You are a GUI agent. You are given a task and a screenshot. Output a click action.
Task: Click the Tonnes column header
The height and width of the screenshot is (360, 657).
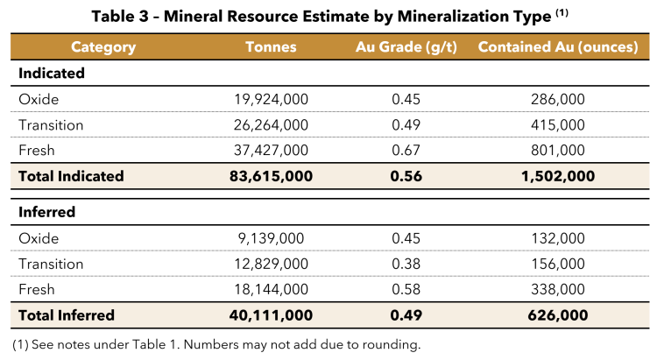click(x=272, y=47)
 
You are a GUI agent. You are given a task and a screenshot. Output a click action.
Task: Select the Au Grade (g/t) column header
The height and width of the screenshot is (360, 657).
click(x=406, y=47)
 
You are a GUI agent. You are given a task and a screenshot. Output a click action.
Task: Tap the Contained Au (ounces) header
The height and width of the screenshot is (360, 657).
click(x=558, y=47)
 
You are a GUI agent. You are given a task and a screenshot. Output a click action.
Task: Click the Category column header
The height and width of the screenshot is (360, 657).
click(x=102, y=47)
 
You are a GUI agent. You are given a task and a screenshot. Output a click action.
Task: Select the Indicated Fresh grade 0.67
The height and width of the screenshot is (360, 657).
click(x=406, y=151)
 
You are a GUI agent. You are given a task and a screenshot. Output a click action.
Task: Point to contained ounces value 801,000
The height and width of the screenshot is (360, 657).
click(x=558, y=151)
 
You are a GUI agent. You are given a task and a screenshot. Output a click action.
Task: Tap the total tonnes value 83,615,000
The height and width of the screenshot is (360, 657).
click(x=272, y=176)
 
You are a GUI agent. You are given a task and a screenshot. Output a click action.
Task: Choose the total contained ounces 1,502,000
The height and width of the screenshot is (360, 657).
click(x=558, y=176)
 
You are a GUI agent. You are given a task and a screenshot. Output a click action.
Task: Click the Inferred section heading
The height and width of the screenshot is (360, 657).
click(x=47, y=212)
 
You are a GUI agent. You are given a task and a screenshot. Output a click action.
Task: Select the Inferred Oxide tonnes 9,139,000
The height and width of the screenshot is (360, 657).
click(x=272, y=238)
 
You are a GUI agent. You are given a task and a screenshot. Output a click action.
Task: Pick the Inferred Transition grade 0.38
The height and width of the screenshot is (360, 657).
click(x=406, y=264)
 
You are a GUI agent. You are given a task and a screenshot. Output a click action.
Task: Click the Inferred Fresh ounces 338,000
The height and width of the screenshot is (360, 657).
click(x=558, y=289)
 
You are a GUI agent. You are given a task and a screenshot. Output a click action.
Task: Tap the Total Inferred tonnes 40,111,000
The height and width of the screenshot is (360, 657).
click(x=272, y=314)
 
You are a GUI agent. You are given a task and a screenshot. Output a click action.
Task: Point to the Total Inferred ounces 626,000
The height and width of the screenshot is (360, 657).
click(x=558, y=314)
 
